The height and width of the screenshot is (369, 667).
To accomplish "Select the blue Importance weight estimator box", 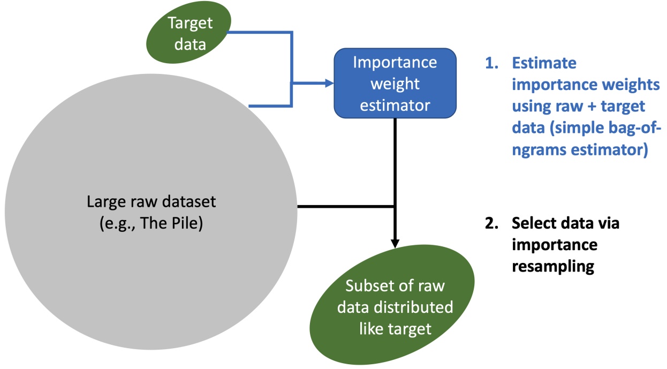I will pyautogui.click(x=395, y=84).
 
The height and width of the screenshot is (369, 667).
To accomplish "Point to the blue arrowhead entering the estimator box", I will pyautogui.click(x=330, y=84).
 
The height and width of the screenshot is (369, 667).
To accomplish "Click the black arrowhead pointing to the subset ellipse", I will pyautogui.click(x=395, y=242).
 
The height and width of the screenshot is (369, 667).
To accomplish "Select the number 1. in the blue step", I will pyautogui.click(x=491, y=63).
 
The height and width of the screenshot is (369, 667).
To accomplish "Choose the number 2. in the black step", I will pyautogui.click(x=491, y=223).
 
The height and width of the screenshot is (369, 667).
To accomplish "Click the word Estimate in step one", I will pyautogui.click(x=544, y=63).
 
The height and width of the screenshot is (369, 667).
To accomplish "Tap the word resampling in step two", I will pyautogui.click(x=553, y=266).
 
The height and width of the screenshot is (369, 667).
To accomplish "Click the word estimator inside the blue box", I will pyautogui.click(x=395, y=106).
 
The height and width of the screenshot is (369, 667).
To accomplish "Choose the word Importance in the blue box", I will pyautogui.click(x=395, y=62).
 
